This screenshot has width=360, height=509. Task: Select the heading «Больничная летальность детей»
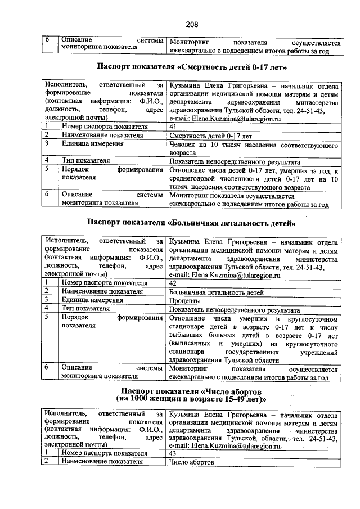(192, 223)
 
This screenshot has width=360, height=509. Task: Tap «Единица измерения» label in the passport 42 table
(92, 300)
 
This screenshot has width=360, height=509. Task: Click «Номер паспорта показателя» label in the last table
(105, 453)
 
